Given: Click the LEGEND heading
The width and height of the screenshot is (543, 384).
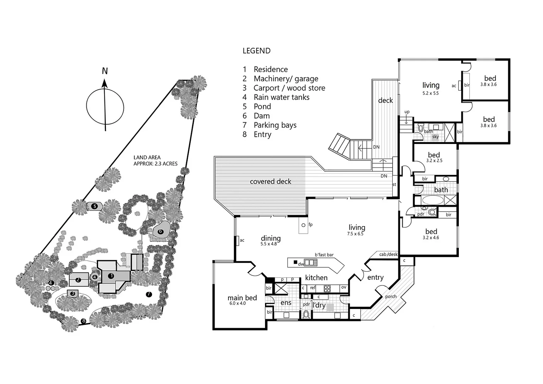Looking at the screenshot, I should [x=256, y=51].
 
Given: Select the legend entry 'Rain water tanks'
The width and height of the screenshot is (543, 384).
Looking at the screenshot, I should [x=281, y=97].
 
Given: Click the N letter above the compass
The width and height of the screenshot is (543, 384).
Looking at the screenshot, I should [x=104, y=71].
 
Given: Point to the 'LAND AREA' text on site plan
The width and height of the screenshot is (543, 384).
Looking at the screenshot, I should [x=147, y=158].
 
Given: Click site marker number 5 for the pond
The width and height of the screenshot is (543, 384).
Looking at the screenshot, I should [x=94, y=206].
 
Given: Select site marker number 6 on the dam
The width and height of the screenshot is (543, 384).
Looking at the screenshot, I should [x=160, y=231].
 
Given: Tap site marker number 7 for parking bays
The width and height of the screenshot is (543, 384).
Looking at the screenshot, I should [x=149, y=294].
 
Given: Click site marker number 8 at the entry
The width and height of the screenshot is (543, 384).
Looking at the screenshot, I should [x=84, y=321].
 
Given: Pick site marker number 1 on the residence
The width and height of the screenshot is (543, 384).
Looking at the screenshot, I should [x=111, y=276].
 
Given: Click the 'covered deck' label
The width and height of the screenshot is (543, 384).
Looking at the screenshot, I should [x=270, y=182].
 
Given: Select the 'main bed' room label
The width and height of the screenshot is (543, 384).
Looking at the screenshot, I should [x=242, y=298].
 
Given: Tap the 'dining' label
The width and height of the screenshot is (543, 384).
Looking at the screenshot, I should [x=270, y=239].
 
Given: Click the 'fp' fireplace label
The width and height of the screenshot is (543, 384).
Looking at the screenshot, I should [x=310, y=225].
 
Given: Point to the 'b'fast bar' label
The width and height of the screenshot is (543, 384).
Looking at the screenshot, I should [x=324, y=255].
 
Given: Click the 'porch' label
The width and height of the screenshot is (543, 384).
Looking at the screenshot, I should [x=391, y=297].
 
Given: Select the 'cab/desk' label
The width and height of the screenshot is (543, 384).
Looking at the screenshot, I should [x=388, y=254].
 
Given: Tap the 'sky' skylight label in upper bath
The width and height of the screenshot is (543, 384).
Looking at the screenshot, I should [x=435, y=137].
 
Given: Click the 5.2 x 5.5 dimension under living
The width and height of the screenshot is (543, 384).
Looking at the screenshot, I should [x=430, y=93].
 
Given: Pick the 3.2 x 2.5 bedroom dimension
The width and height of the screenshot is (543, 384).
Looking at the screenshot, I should [x=434, y=161].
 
